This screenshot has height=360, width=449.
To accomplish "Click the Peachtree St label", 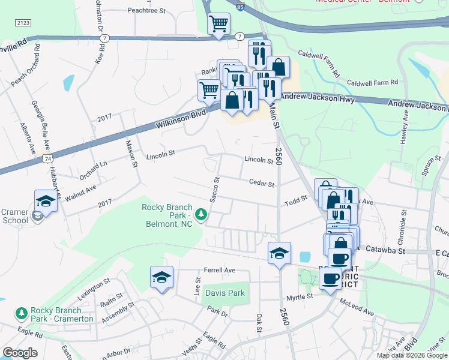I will pos(146,10).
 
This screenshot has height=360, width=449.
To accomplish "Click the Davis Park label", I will pos(225,293).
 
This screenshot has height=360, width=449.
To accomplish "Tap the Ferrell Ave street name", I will pos(220,270).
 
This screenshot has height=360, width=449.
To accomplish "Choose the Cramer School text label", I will pos(14,216).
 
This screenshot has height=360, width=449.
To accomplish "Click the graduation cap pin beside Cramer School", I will pos(46,201).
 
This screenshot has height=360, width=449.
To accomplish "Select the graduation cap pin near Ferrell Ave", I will pos(161,277).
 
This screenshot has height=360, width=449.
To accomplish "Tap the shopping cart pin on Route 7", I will pos(219,24).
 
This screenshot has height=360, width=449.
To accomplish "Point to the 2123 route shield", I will pos(23,22).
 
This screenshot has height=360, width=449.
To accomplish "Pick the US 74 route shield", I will pos(47,159).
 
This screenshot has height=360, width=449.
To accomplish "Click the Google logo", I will pos(20,353).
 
